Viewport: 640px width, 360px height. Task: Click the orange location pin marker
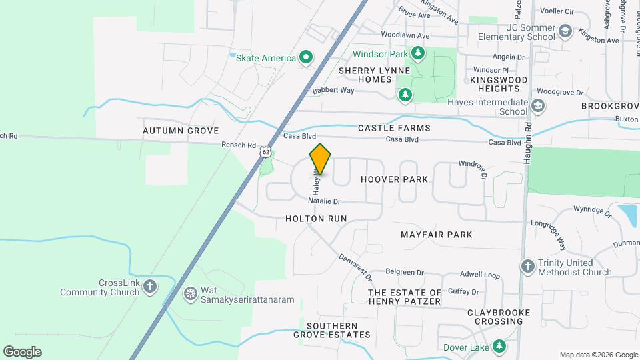point(321,159)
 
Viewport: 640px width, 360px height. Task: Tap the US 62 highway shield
point(266,153)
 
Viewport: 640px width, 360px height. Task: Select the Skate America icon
point(306,58)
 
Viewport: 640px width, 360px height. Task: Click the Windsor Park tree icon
point(417,52)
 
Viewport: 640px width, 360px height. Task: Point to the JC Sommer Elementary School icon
point(565,31)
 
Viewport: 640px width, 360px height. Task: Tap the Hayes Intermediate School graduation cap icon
point(538,106)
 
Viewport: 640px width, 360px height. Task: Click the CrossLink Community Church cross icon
point(151,287)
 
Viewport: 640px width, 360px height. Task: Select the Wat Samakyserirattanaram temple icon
point(191,293)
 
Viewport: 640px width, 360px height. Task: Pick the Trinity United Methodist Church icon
point(528,266)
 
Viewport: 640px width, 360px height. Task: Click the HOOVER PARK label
point(394,179)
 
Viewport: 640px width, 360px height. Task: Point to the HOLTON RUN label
point(316,219)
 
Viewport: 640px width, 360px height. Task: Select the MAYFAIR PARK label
point(437,235)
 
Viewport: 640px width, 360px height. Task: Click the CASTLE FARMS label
point(394,127)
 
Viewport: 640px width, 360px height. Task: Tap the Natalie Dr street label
point(325,201)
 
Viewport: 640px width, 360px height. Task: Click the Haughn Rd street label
point(527,134)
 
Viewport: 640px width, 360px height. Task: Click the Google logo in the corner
point(22,352)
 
